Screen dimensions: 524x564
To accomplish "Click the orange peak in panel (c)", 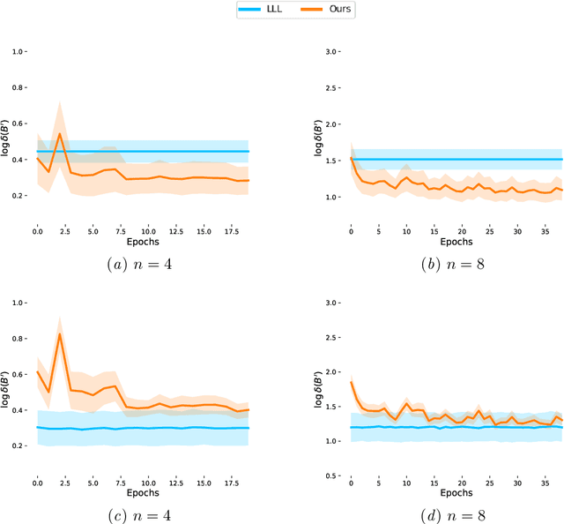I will click(x=59, y=334).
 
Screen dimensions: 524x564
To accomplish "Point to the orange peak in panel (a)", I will click(x=59, y=134).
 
